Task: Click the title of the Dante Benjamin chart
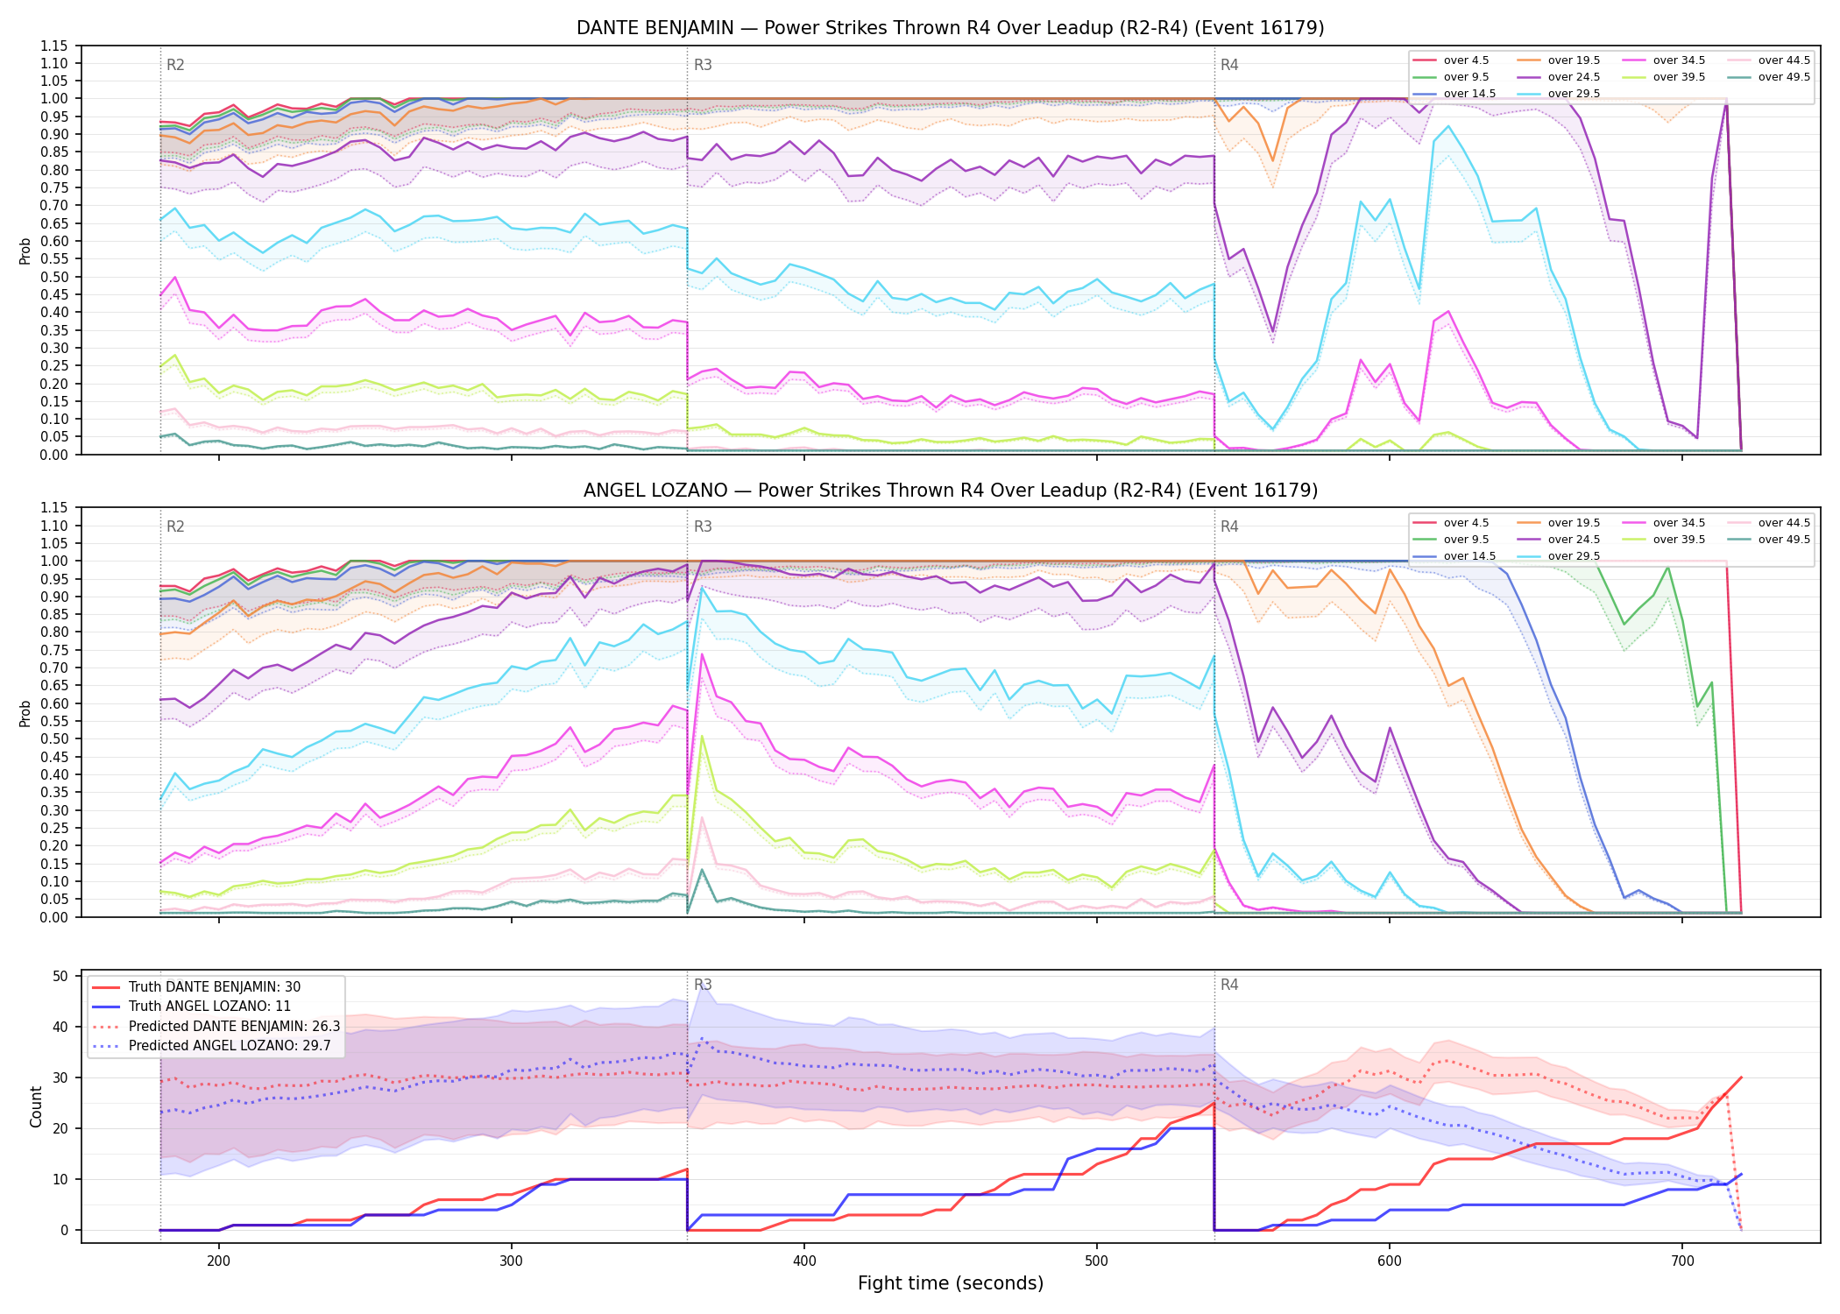tap(950, 28)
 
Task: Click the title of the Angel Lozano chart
tap(950, 491)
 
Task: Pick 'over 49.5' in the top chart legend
tap(1784, 77)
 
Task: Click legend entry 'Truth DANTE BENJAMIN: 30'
tap(215, 987)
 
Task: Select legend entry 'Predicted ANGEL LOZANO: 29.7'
tap(234, 1045)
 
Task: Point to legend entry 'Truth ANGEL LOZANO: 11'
tap(209, 1007)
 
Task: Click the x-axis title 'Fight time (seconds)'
tap(951, 1283)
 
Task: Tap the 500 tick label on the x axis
tap(1096, 1261)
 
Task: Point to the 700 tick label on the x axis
tap(1682, 1261)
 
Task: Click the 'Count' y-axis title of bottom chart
tap(36, 1106)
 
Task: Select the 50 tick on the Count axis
tap(60, 976)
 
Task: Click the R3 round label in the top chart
tap(703, 65)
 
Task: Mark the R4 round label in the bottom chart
tap(1229, 985)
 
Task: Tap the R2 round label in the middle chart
tap(175, 526)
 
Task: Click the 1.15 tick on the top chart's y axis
tap(53, 46)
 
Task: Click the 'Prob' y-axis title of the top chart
tap(25, 251)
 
